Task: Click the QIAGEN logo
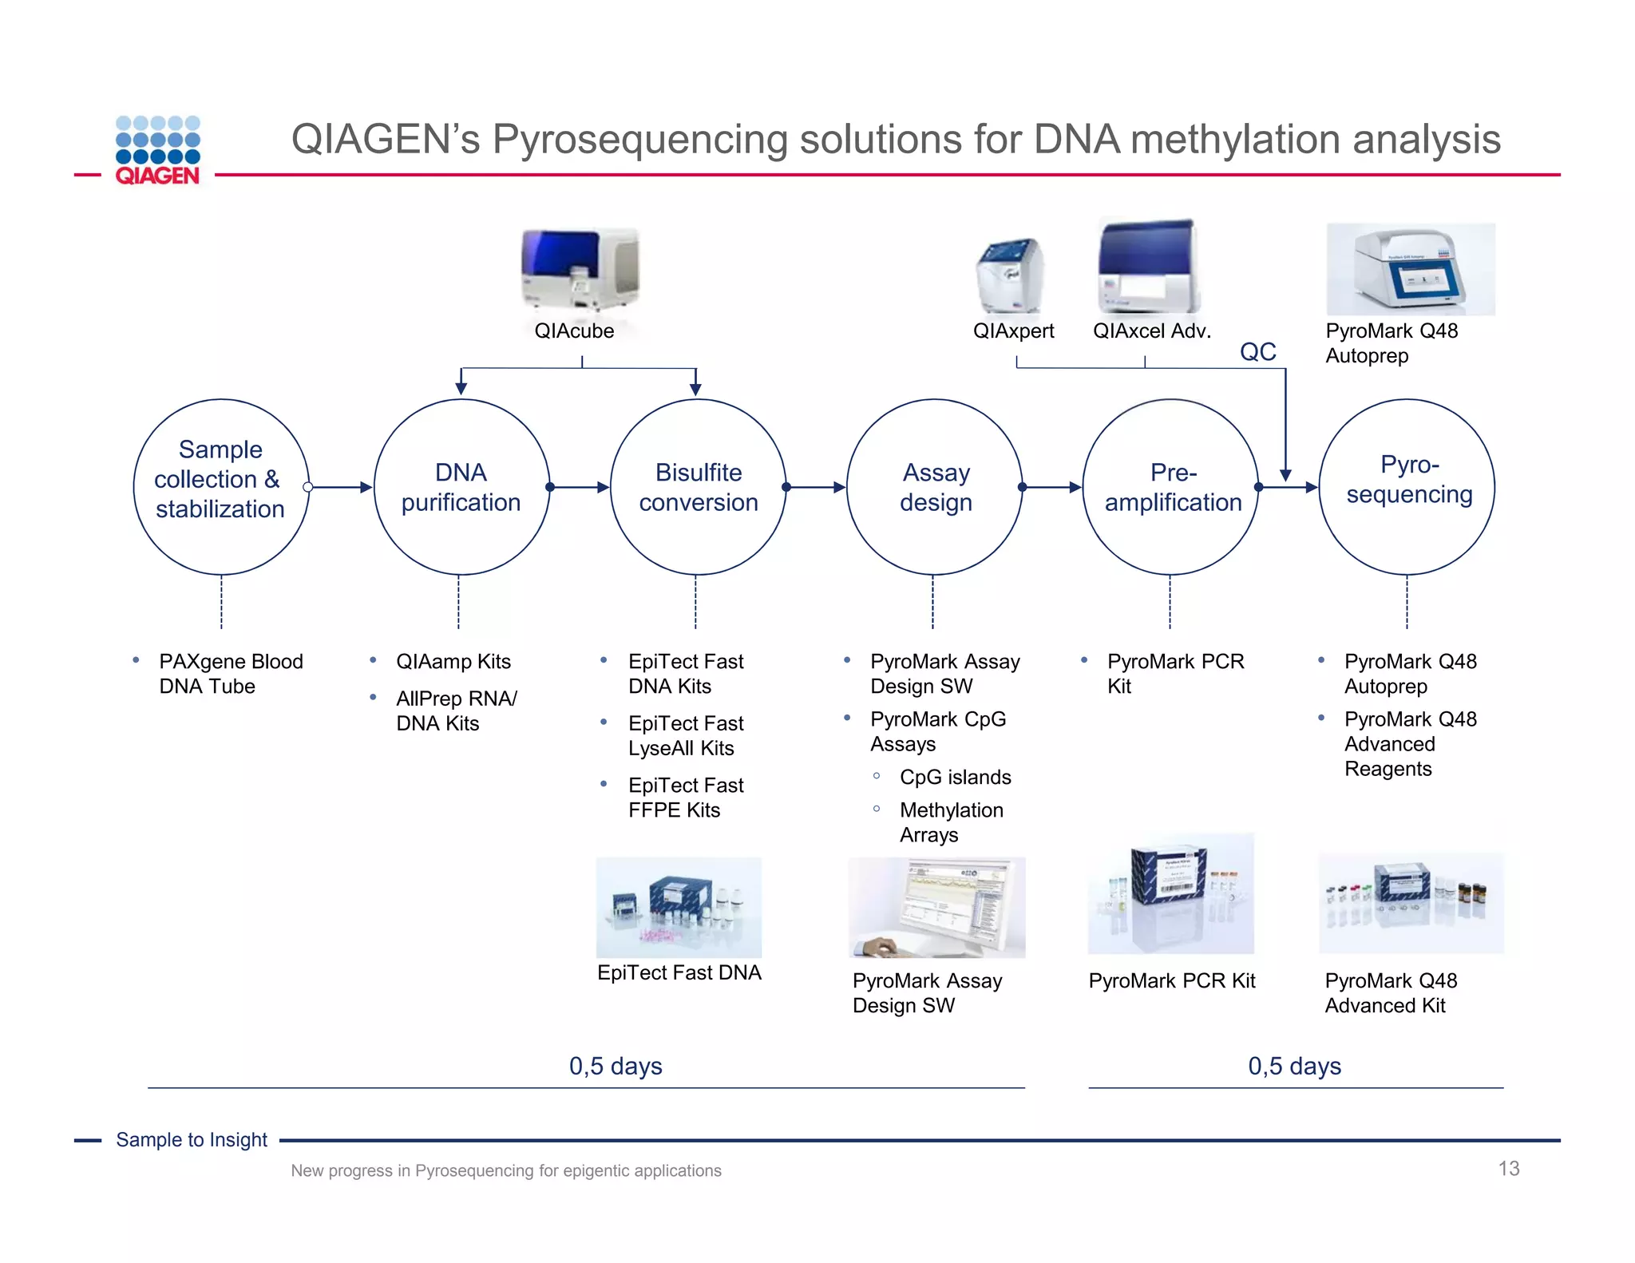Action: click(157, 150)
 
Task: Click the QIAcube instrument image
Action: click(580, 270)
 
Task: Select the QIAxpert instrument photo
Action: click(1009, 276)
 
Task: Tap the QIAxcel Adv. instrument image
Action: click(1148, 267)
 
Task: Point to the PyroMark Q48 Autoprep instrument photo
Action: click(1410, 269)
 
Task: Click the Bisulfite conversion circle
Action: click(698, 487)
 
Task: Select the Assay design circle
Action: click(934, 487)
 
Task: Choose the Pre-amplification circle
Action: click(1171, 487)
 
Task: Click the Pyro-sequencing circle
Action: click(1407, 487)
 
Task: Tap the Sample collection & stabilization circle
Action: click(221, 487)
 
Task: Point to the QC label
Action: click(1257, 352)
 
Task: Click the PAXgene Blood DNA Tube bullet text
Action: click(231, 674)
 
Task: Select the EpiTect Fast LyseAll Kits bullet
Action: click(685, 735)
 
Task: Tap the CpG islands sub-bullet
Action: click(955, 777)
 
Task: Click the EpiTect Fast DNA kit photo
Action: click(679, 908)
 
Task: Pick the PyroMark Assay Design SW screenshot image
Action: click(936, 908)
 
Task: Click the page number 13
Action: click(1508, 1169)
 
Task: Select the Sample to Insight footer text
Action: click(192, 1139)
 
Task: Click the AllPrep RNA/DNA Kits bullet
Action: click(456, 711)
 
